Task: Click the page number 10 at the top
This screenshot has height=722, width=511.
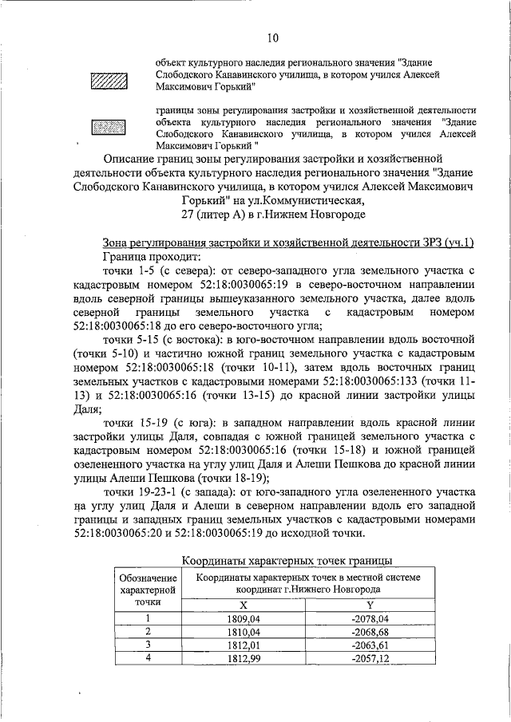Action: pos(272,37)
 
